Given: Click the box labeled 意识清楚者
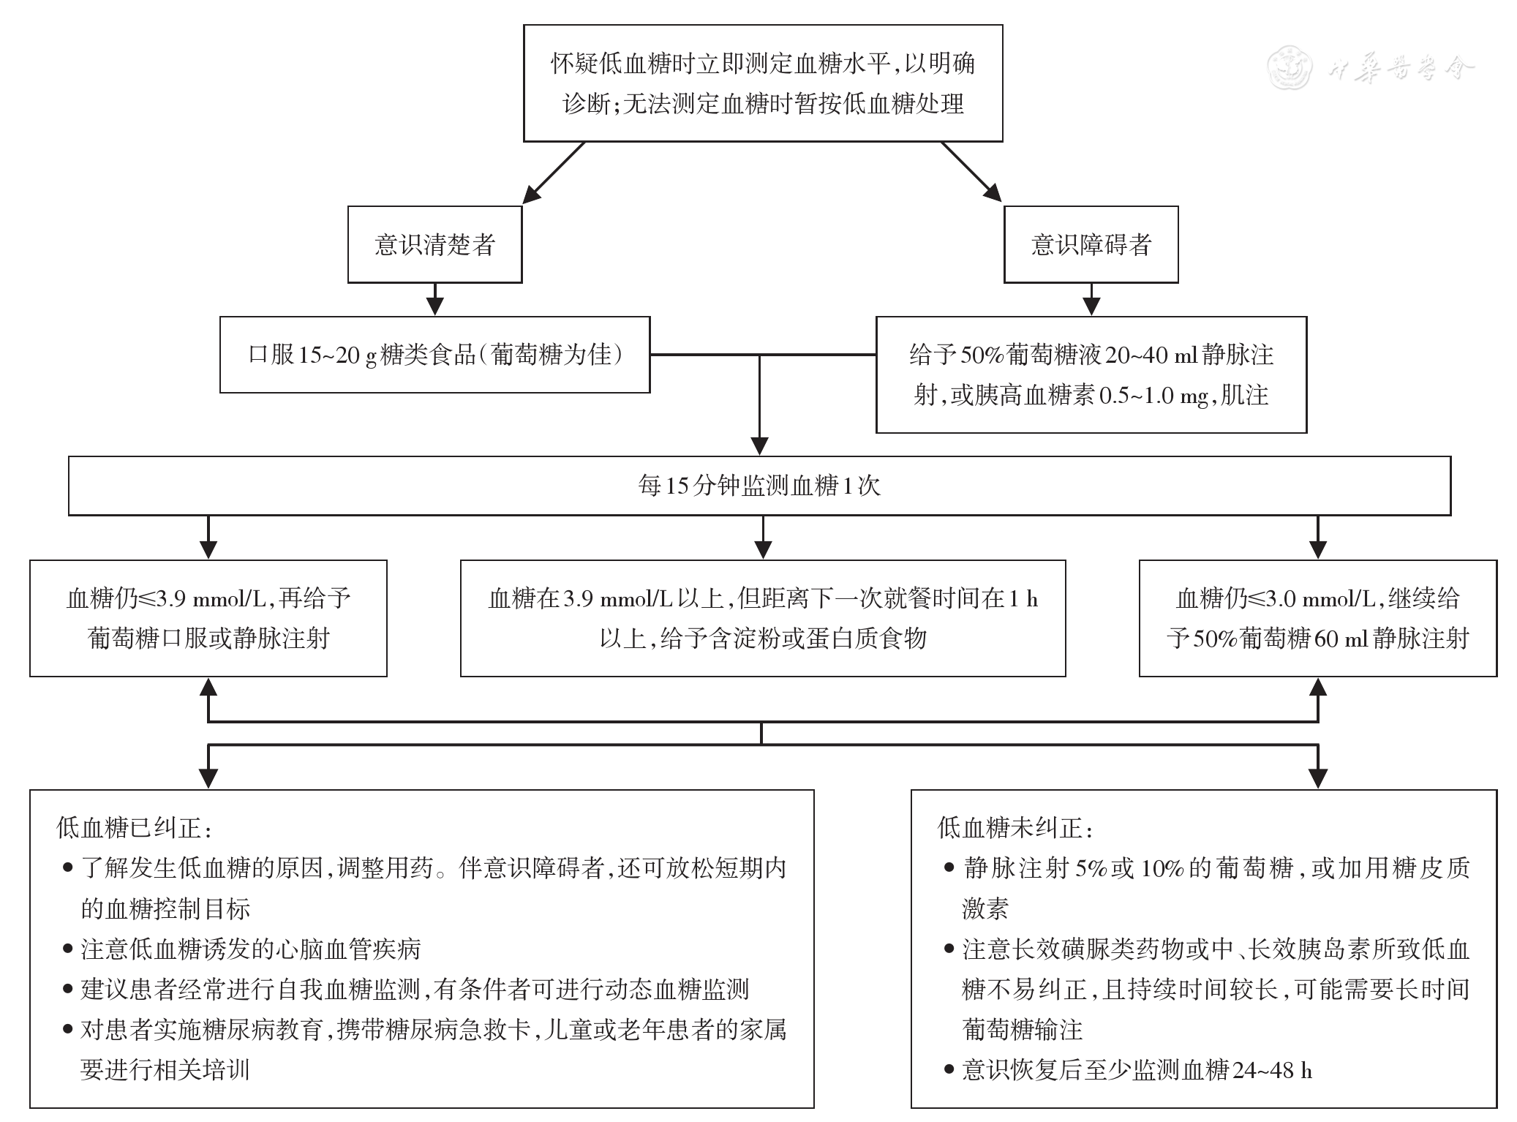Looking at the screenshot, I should point(434,244).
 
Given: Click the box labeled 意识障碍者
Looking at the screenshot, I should point(1091,244).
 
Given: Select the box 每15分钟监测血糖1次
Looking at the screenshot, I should point(759,486).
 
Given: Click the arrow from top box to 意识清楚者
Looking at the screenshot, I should point(554,172).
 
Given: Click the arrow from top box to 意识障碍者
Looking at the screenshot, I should point(971,172).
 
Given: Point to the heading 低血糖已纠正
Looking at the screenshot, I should point(135,828).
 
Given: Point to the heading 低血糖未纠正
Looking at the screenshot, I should point(1015,828).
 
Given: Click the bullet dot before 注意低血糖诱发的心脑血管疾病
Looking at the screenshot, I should point(68,949).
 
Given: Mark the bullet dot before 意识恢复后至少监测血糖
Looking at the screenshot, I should point(949,1071).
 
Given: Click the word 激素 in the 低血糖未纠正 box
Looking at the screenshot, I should point(985,908).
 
